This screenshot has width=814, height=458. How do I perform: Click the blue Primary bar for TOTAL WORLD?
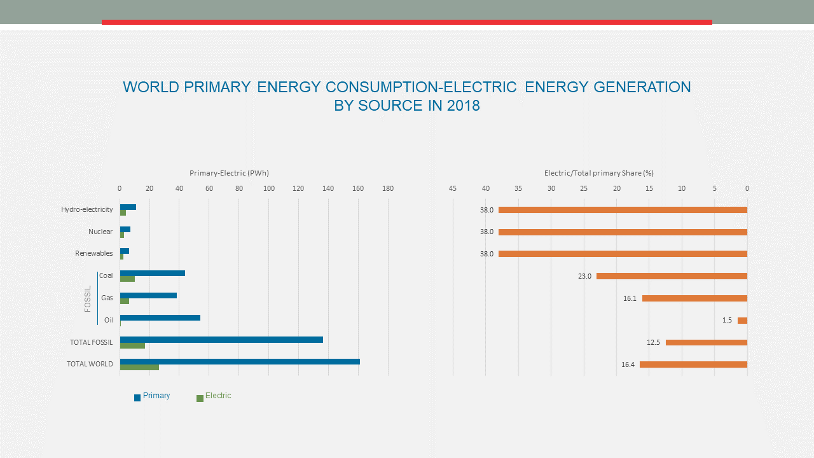240,361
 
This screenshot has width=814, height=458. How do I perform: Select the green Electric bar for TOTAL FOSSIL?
132,345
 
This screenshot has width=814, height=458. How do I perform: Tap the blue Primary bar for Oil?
160,317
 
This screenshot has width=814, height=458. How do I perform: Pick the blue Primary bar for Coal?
153,273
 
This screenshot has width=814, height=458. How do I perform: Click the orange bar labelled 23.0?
672,276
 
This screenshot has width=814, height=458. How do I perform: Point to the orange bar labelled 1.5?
742,321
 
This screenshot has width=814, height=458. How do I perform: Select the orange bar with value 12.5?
707,342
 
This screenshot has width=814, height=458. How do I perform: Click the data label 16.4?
628,364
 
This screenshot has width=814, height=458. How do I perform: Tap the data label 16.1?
630,298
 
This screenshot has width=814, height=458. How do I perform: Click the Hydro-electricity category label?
87,209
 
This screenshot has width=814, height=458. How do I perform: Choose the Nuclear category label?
100,232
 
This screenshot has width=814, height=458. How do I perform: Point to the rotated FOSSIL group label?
88,298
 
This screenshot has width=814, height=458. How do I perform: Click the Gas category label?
107,298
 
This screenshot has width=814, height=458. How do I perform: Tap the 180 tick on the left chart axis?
388,188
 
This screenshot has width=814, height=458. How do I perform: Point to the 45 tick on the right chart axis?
453,188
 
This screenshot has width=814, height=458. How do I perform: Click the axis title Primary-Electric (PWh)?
229,173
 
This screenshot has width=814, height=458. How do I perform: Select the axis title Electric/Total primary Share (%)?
598,173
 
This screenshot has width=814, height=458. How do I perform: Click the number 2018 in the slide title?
463,106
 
